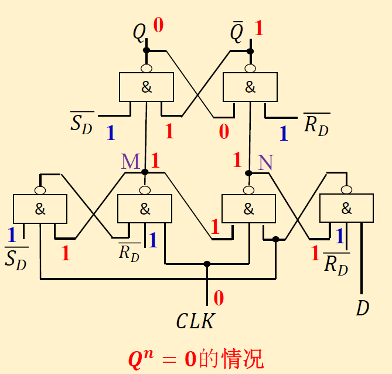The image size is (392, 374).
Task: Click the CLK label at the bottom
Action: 195,321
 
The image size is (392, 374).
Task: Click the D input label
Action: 363,308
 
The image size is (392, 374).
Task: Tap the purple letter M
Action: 130,162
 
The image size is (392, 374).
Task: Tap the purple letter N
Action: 265,162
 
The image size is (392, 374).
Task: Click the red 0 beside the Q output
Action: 158,25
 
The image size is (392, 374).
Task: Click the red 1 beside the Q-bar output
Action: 258,28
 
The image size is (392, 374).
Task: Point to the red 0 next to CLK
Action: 219,298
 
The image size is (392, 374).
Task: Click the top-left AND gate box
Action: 146,87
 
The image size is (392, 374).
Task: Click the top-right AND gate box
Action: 250,87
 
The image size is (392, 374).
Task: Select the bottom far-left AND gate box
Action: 40,209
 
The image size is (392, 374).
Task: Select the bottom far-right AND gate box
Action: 346,208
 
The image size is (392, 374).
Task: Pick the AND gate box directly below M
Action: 145,209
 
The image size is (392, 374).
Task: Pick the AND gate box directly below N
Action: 248,208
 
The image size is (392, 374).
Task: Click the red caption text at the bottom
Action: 196,358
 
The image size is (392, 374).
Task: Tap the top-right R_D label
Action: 316,124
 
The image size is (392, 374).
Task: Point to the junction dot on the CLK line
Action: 207,264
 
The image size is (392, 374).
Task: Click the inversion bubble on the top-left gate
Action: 146,68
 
